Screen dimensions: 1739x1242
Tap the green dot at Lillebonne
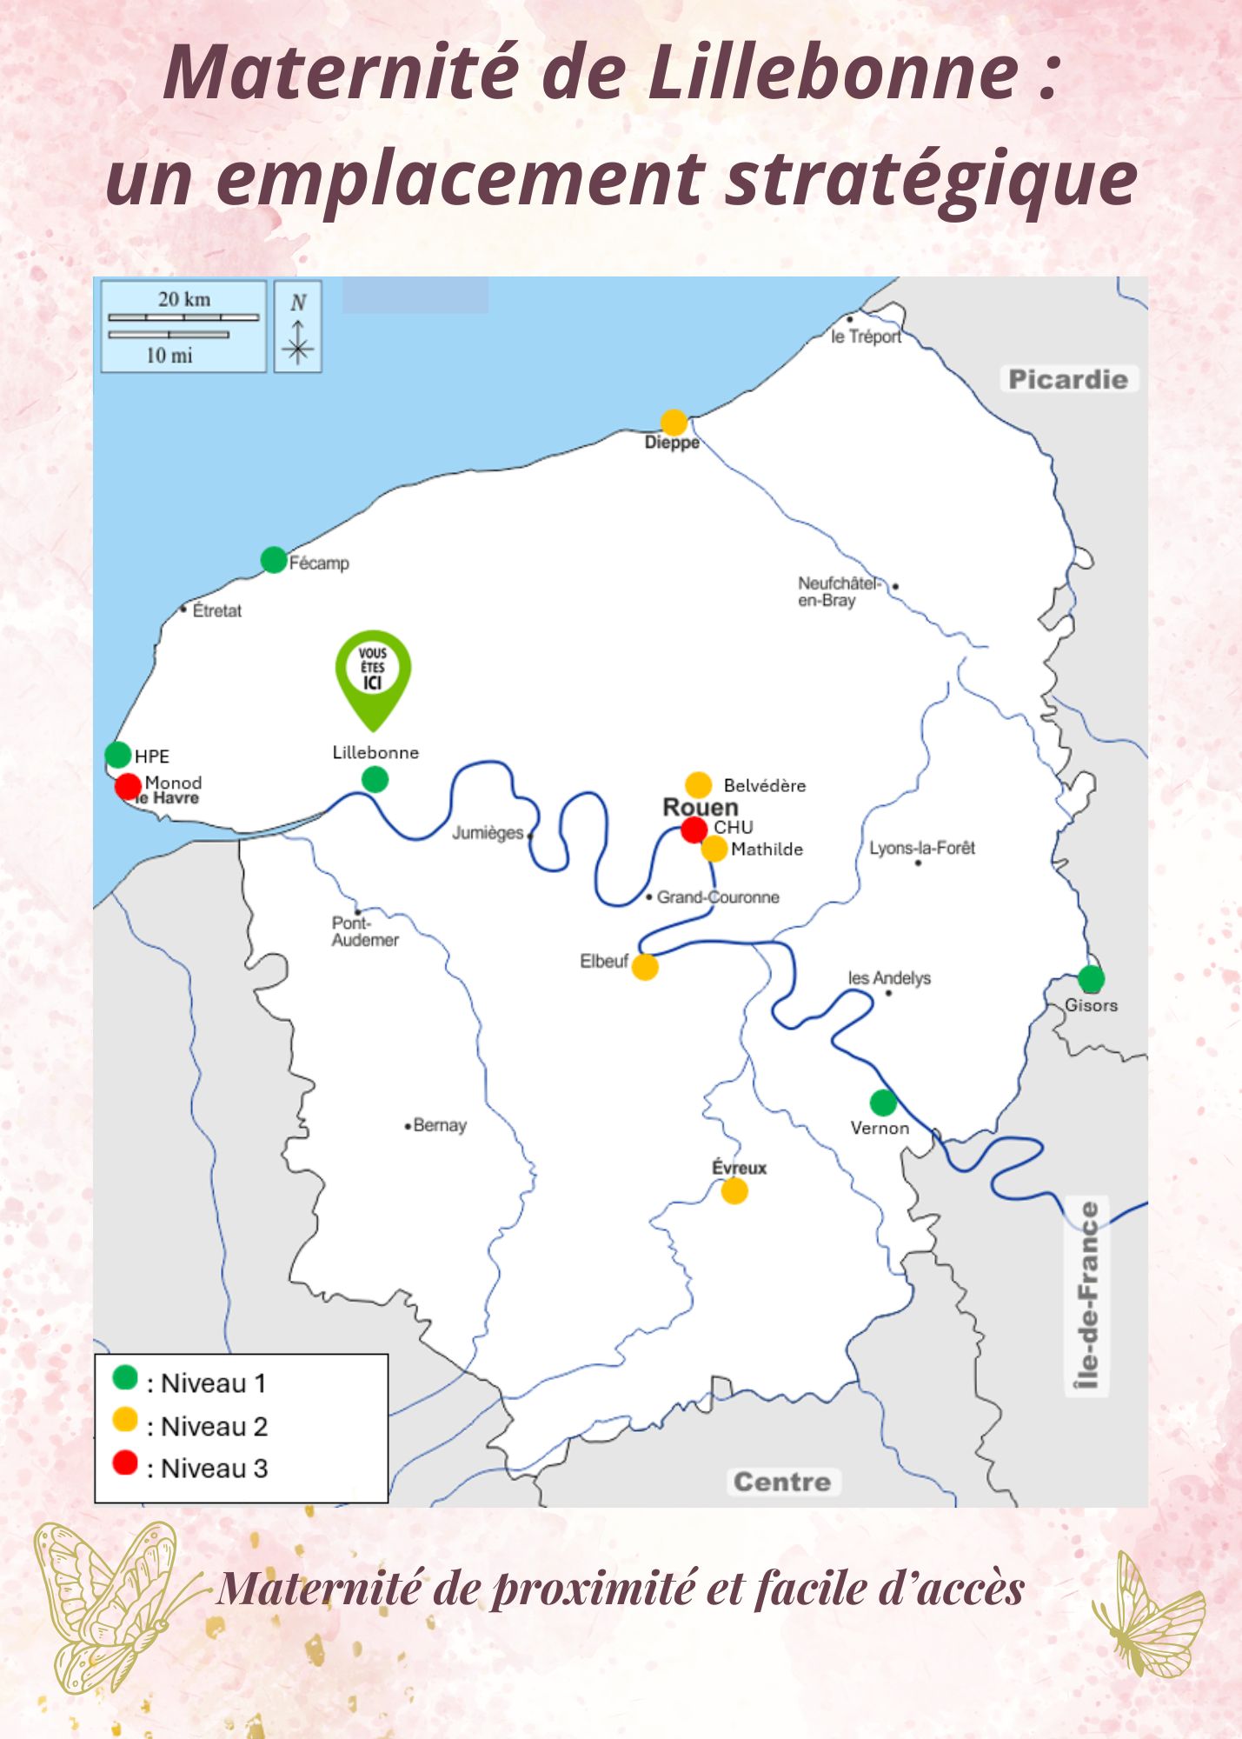[375, 779]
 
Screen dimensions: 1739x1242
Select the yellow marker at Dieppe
[674, 423]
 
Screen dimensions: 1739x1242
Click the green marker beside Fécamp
[274, 560]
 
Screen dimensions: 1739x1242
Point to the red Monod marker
[129, 786]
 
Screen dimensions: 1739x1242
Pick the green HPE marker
[118, 754]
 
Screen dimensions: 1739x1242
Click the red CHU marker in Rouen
[694, 830]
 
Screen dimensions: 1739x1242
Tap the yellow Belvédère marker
[698, 784]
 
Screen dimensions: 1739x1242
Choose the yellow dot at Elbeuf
[645, 966]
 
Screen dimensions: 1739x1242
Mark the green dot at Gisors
[1091, 978]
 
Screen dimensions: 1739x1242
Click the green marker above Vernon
[883, 1103]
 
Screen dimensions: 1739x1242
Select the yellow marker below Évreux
[734, 1190]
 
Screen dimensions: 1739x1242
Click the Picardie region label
[1068, 379]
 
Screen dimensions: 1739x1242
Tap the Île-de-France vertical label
[1088, 1296]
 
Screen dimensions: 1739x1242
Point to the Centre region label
[782, 1482]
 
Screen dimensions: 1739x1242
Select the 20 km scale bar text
[184, 299]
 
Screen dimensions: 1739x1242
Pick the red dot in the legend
[125, 1462]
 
